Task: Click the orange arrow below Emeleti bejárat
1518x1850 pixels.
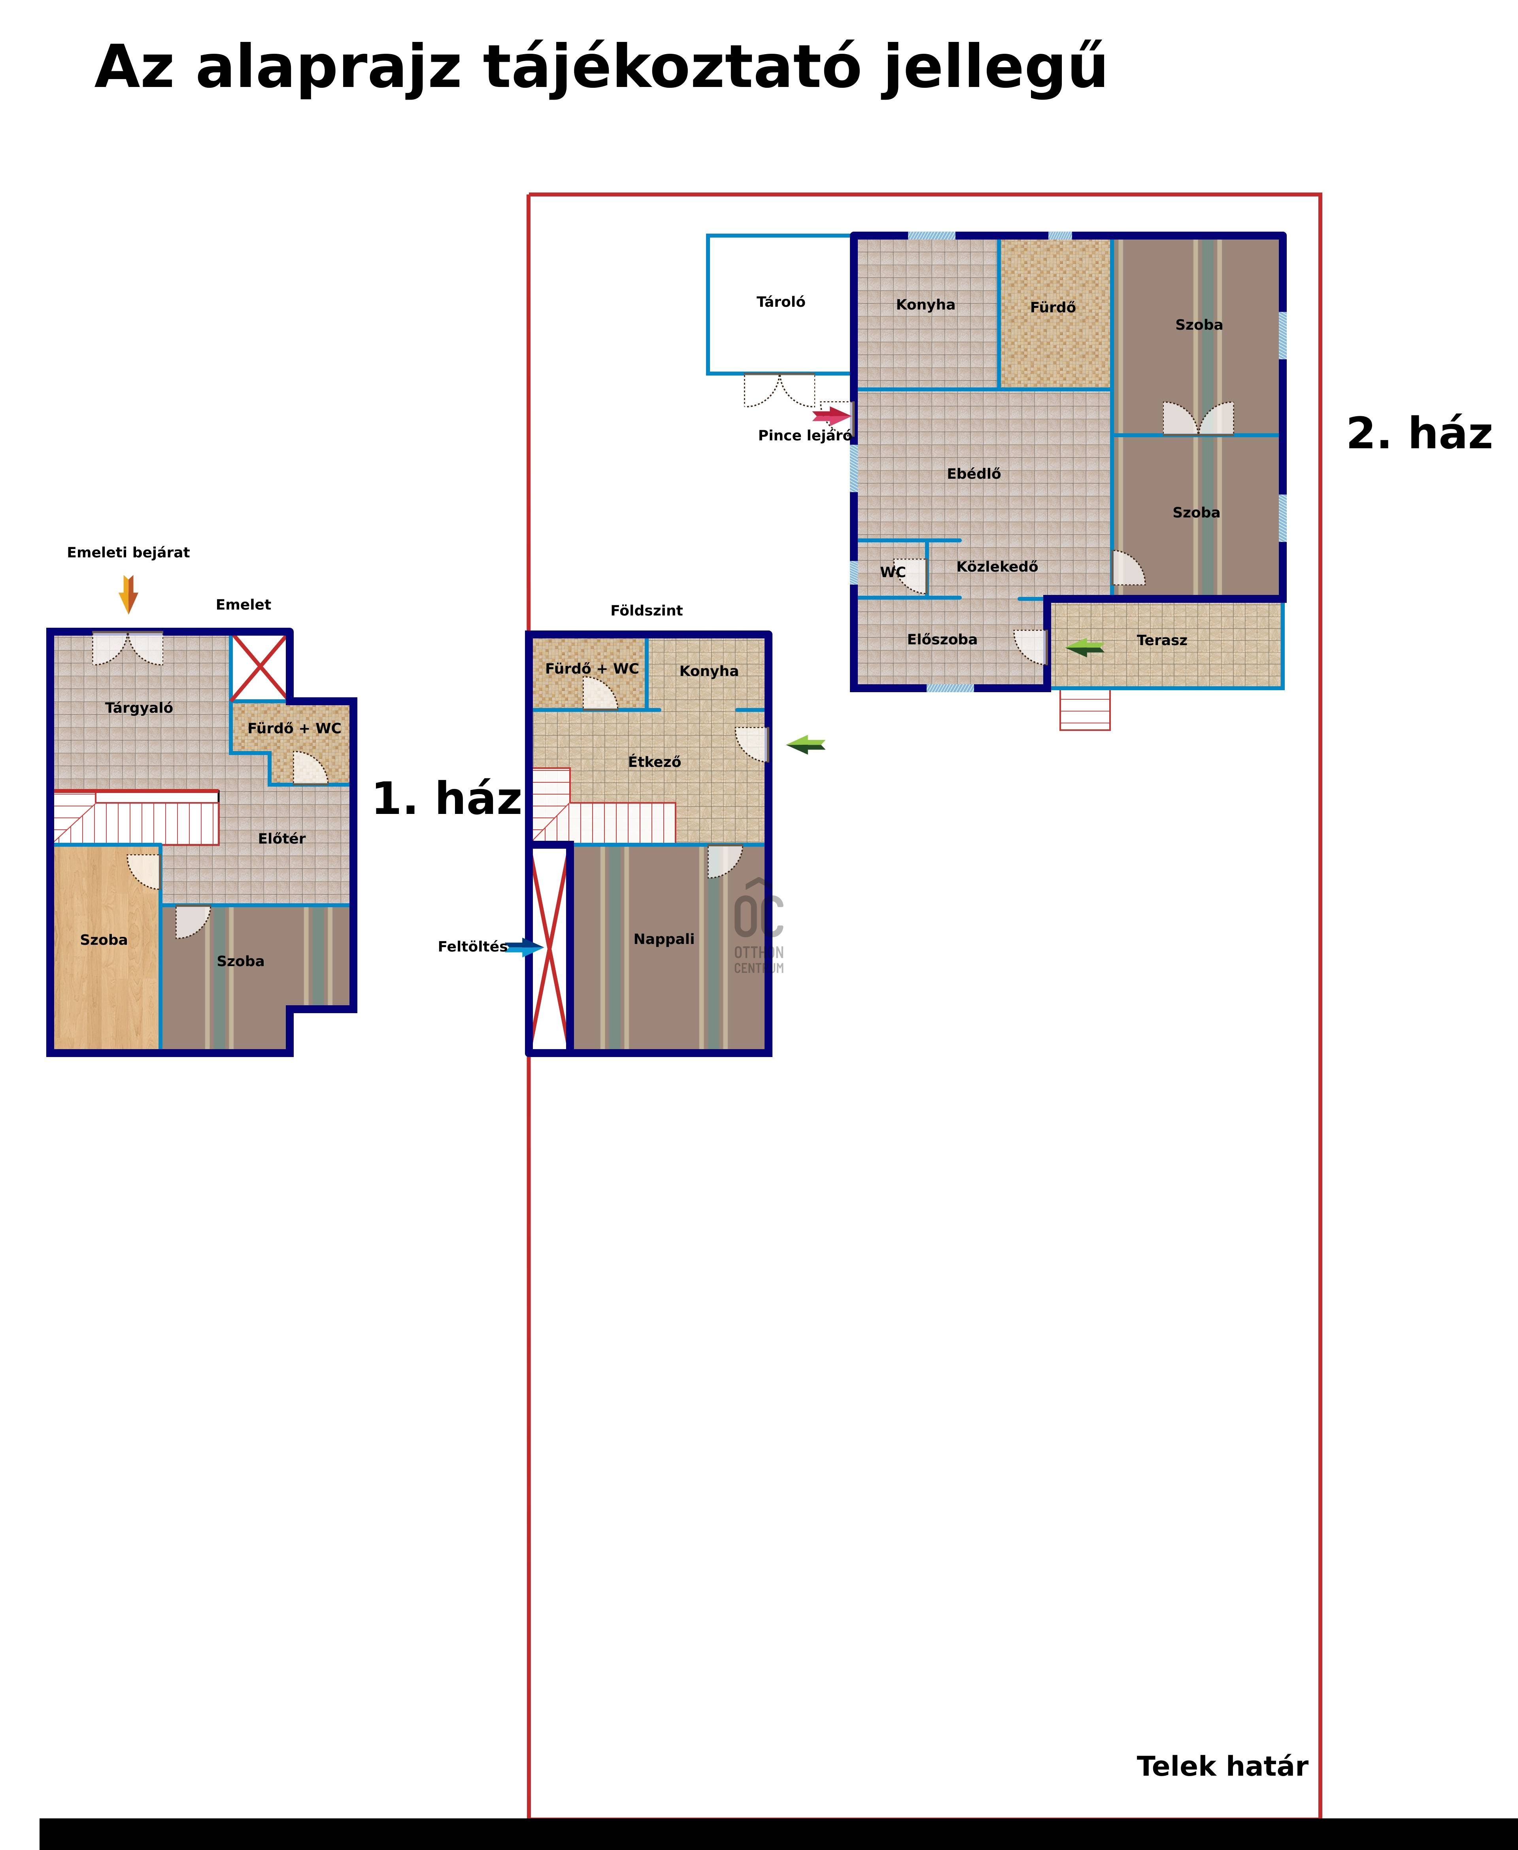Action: [x=128, y=595]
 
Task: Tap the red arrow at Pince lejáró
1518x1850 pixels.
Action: [x=832, y=416]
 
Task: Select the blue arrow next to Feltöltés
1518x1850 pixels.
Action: [x=525, y=947]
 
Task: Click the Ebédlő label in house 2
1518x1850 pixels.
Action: [x=973, y=474]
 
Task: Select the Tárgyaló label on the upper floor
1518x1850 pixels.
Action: [x=139, y=708]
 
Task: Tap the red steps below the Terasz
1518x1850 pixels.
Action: [x=1084, y=710]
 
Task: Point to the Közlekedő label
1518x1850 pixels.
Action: [x=997, y=566]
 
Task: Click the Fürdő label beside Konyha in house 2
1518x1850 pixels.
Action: [x=1053, y=308]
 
